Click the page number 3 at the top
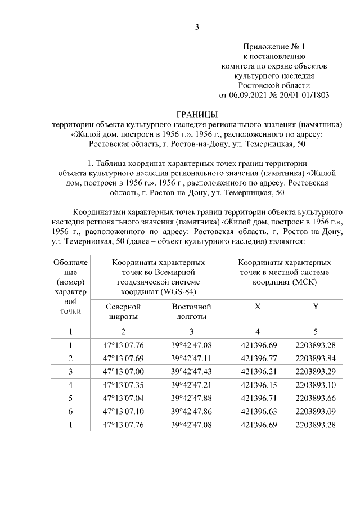pos(197,26)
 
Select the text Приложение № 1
pos(273,46)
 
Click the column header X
pos(258,307)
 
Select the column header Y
pos(315,307)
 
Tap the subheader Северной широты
pos(123,312)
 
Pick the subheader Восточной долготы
pos(191,312)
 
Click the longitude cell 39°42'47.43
pos(191,372)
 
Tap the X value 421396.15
pos(258,385)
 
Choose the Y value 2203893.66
pos(315,399)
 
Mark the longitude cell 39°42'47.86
pos(191,412)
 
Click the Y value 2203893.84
pos(315,358)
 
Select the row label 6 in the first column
pos(71,412)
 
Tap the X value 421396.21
pos(258,372)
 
